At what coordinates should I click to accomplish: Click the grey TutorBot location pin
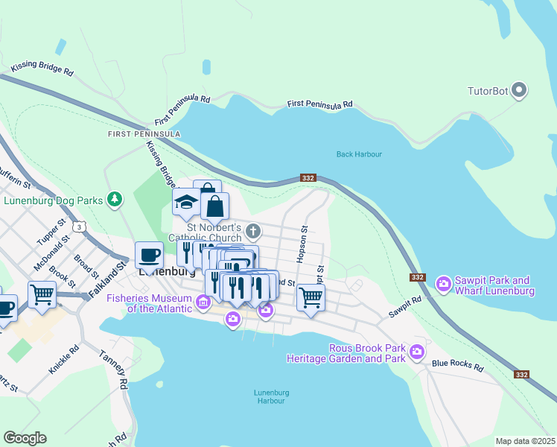(x=520, y=92)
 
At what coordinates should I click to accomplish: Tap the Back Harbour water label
(x=359, y=154)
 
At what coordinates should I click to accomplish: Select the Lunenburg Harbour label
(x=269, y=396)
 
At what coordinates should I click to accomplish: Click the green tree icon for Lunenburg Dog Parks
(x=114, y=199)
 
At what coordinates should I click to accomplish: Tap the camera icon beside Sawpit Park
(x=445, y=284)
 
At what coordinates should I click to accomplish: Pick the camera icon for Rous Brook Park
(x=417, y=351)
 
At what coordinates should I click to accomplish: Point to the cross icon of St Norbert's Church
(x=253, y=230)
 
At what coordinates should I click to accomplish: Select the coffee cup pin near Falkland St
(x=149, y=256)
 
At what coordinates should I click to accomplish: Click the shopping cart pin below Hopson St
(x=311, y=297)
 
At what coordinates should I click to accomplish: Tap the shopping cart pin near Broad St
(x=42, y=294)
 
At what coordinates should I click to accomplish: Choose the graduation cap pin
(x=186, y=202)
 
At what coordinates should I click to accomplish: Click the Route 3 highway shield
(x=80, y=226)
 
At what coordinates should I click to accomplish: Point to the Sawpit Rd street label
(x=405, y=307)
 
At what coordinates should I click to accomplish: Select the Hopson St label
(x=302, y=244)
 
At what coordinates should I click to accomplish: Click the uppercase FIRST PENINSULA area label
(x=144, y=133)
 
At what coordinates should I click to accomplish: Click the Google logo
(x=25, y=438)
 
